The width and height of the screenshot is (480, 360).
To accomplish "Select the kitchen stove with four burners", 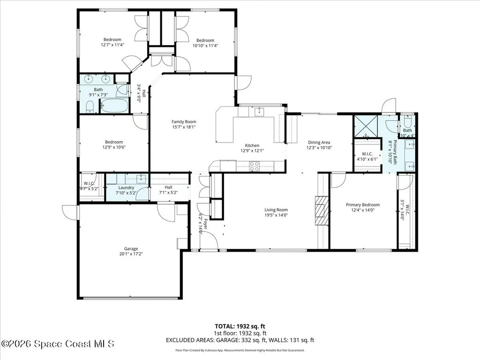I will (254, 165).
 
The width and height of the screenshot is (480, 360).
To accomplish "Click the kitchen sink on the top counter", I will (258, 111).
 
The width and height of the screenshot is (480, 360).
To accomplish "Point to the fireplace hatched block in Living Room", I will (322, 211).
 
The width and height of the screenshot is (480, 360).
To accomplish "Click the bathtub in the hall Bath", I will (114, 105).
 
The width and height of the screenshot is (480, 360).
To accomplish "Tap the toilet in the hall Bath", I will (91, 107).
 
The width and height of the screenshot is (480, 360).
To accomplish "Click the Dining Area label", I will (319, 142).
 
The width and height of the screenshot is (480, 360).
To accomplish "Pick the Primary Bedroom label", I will (363, 205).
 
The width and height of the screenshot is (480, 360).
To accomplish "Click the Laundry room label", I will (126, 187).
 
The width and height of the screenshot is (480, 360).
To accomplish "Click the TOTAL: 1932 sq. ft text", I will (242, 326).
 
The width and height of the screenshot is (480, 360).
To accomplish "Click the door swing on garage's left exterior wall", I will (71, 212).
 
